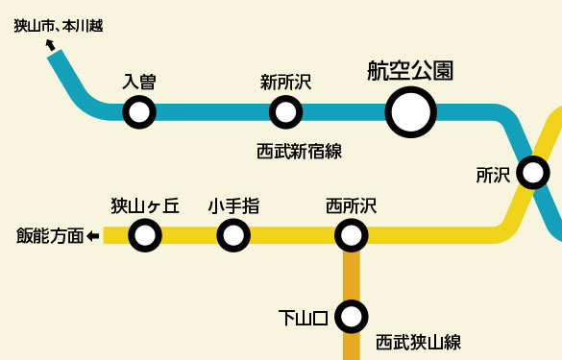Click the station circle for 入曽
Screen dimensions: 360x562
click(139, 112)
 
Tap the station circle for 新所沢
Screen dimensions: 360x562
click(285, 112)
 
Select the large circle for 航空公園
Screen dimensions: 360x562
click(411, 112)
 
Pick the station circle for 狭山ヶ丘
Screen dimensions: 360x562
click(145, 234)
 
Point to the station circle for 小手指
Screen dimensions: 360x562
click(233, 234)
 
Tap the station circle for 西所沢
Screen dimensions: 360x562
click(352, 234)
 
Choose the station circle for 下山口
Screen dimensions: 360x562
click(352, 315)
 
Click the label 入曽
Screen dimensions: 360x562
click(139, 83)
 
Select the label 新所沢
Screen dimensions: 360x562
click(285, 83)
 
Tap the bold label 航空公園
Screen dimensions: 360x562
click(410, 70)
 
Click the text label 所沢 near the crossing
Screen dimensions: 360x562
click(493, 175)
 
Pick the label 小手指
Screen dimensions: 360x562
click(233, 205)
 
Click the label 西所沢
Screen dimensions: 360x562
click(351, 205)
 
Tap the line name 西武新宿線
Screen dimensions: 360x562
click(300, 150)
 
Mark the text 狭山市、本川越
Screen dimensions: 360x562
click(58, 26)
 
